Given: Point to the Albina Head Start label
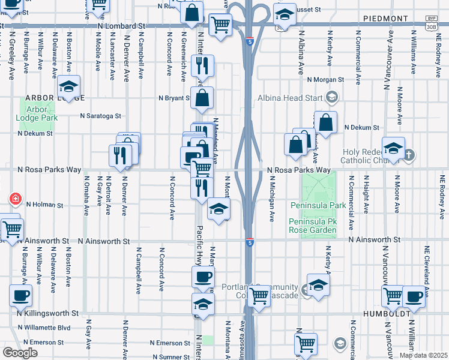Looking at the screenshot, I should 291,98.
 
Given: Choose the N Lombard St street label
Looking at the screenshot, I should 123,26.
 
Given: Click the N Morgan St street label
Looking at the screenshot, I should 325,79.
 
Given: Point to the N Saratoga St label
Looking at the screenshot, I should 102,116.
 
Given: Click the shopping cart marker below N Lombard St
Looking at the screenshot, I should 221,25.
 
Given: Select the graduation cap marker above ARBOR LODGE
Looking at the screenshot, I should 69,86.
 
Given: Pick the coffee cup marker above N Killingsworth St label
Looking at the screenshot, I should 20,295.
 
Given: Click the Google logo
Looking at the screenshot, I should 20,353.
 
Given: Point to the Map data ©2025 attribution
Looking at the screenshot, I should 423,355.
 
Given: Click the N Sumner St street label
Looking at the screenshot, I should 170,357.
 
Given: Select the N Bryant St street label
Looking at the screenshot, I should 174,98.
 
